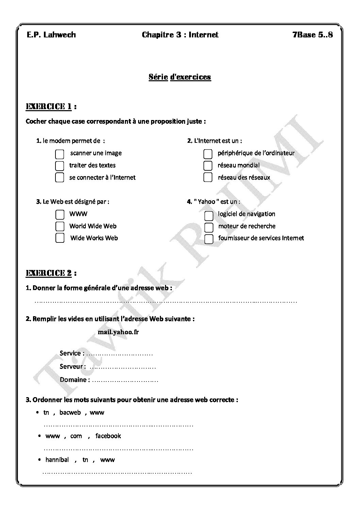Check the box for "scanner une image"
click(x=60, y=154)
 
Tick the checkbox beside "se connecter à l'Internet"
click(x=60, y=177)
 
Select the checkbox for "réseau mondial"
click(x=208, y=166)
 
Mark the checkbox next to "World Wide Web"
click(x=60, y=226)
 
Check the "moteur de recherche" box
click(x=209, y=227)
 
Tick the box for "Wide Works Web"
click(x=60, y=238)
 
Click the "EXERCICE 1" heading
click(x=49, y=107)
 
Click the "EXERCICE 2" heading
click(x=49, y=273)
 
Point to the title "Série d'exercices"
click(x=180, y=77)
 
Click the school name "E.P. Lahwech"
click(x=51, y=35)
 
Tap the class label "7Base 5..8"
click(x=312, y=35)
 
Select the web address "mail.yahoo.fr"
click(x=118, y=332)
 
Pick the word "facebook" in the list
click(x=108, y=436)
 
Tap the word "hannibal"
click(x=57, y=460)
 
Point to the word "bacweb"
click(x=70, y=412)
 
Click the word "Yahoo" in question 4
click(x=207, y=202)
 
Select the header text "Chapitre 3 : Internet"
click(x=180, y=35)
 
